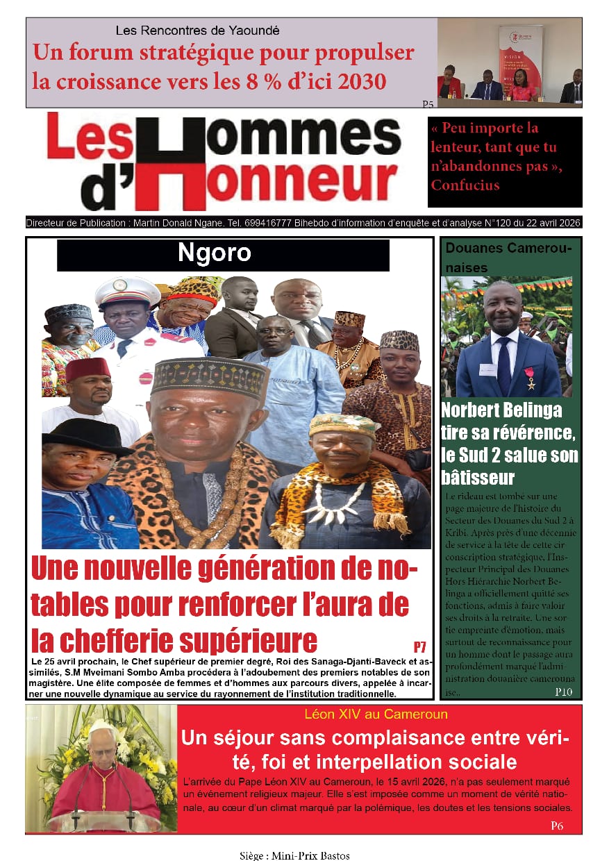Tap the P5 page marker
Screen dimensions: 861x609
(428, 104)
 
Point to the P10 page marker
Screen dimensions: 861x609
(563, 692)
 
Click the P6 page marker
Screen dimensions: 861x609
(557, 826)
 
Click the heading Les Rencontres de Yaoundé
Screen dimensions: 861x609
(198, 31)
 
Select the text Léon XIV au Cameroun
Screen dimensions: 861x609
(376, 714)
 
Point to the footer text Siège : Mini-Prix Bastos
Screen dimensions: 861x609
(295, 855)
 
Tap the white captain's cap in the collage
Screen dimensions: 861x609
(127, 292)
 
